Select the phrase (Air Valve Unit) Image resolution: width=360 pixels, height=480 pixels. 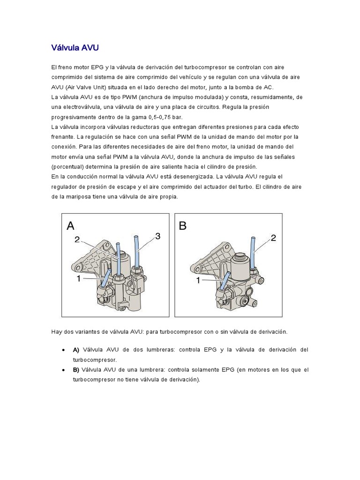pyautogui.click(x=90, y=87)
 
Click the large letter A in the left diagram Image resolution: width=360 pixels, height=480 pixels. pyautogui.click(x=70, y=226)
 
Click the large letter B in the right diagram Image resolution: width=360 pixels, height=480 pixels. pyautogui.click(x=183, y=226)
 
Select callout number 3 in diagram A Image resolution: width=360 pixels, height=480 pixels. pyautogui.click(x=157, y=237)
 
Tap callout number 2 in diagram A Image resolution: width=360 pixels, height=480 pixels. pyautogui.click(x=77, y=240)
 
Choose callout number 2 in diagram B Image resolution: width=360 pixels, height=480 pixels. pyautogui.click(x=273, y=238)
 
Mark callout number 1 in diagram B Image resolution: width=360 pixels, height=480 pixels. pyautogui.click(x=198, y=280)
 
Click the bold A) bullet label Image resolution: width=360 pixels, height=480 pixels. pyautogui.click(x=76, y=350)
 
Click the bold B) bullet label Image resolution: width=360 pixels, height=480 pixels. pyautogui.click(x=76, y=370)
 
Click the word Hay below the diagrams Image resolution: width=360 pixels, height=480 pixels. pyautogui.click(x=56, y=331)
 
